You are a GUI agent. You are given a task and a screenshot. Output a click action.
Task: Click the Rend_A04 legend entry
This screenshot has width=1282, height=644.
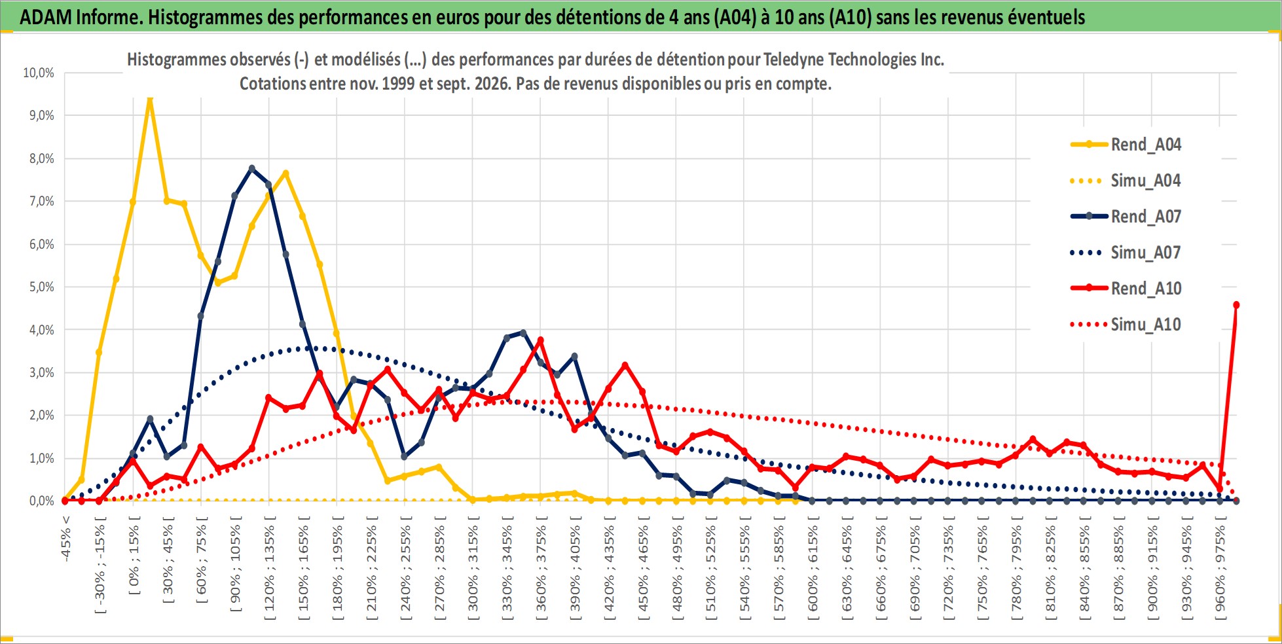1126,144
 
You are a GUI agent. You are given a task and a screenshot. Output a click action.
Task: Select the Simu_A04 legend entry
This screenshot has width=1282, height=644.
1126,181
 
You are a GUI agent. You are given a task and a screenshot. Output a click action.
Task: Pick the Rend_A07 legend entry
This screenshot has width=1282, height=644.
1126,216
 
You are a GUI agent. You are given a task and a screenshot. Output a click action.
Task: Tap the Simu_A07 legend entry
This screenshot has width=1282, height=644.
1126,253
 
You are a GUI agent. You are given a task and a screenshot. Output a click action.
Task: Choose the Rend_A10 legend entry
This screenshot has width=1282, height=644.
1126,288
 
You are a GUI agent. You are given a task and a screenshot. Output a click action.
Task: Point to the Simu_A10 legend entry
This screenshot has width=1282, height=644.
1126,325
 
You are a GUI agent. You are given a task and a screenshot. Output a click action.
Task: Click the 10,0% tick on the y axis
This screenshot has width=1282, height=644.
39,73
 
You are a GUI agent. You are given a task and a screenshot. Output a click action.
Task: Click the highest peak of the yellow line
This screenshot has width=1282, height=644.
150,99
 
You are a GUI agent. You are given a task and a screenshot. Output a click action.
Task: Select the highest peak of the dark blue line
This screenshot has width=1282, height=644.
252,168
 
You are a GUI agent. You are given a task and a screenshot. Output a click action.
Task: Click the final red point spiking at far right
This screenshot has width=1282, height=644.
1236,305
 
